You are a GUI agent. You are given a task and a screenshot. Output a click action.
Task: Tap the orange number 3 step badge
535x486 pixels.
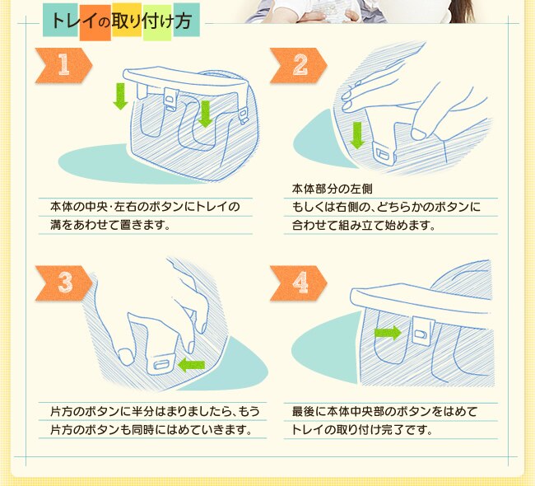pos(62,283)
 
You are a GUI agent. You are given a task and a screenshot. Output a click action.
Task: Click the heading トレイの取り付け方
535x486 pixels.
pos(121,21)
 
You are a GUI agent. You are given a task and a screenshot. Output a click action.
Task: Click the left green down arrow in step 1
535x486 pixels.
pos(120,95)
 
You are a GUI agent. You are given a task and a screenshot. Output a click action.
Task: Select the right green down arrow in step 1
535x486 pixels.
pos(205,114)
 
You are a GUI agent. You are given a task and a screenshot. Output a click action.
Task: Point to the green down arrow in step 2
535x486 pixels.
pos(356,134)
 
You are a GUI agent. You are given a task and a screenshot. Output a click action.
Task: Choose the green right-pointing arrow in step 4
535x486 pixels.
pos(387,333)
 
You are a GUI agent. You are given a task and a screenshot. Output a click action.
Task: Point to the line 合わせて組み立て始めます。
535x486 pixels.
pos(364,224)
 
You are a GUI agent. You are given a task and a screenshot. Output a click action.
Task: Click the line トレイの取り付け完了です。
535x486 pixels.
pos(362,430)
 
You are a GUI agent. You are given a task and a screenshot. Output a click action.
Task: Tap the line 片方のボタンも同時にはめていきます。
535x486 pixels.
pos(150,430)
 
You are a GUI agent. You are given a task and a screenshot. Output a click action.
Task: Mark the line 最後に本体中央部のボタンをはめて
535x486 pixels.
pos(384,410)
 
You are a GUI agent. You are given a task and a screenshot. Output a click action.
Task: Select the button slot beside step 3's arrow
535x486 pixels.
pos(162,361)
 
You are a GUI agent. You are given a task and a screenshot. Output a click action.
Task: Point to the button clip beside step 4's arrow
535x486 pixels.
pos(420,333)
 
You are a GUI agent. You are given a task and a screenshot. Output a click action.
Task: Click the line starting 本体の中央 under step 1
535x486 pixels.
pos(145,205)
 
